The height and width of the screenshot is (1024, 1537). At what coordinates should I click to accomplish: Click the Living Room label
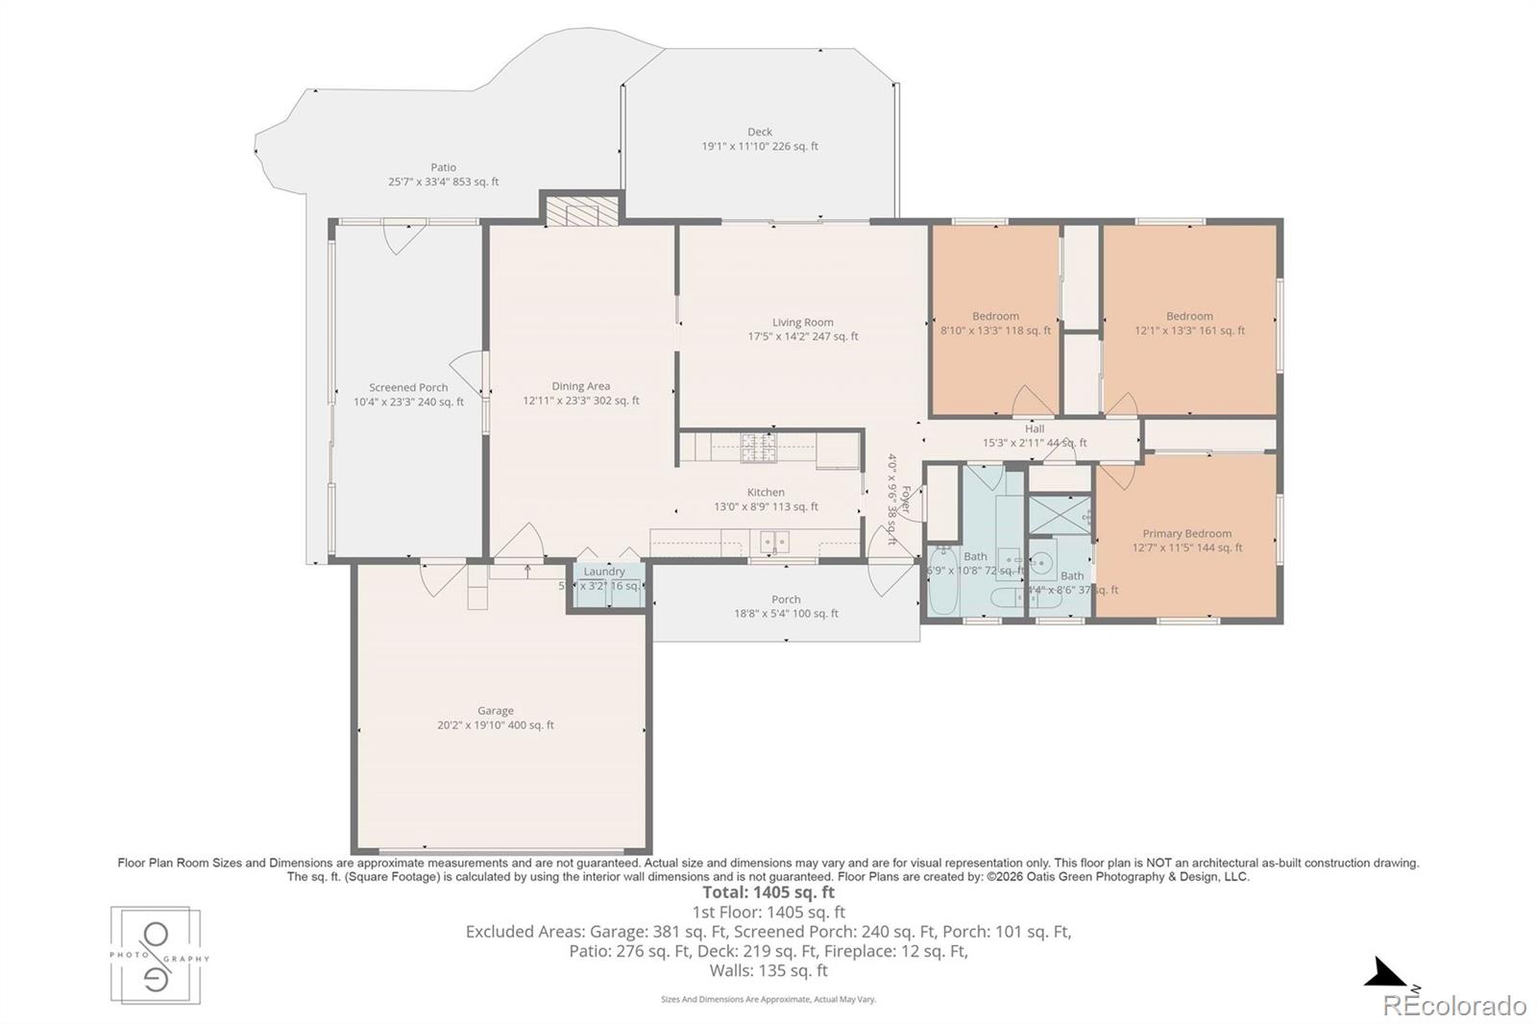[803, 323]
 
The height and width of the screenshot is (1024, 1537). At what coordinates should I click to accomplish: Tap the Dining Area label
[580, 386]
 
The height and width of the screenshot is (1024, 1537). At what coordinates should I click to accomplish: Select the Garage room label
[496, 711]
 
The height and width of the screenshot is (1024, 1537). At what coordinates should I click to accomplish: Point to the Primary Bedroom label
[1186, 534]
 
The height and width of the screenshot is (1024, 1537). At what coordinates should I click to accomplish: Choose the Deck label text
[760, 133]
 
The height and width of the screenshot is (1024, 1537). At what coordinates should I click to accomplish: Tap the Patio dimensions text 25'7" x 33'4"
[423, 182]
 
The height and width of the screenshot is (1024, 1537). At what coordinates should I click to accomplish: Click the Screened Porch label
[408, 388]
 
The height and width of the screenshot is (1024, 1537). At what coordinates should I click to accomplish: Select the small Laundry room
[605, 584]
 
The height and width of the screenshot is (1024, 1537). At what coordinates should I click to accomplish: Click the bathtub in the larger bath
[941, 581]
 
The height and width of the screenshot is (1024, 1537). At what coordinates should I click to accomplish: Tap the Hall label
[1035, 429]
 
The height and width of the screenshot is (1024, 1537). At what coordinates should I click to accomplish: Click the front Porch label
[786, 599]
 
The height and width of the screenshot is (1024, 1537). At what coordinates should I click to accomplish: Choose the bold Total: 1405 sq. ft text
[768, 892]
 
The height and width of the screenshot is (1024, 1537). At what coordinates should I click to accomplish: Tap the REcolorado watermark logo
[1453, 1006]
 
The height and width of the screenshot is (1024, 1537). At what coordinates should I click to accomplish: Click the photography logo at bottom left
[156, 956]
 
